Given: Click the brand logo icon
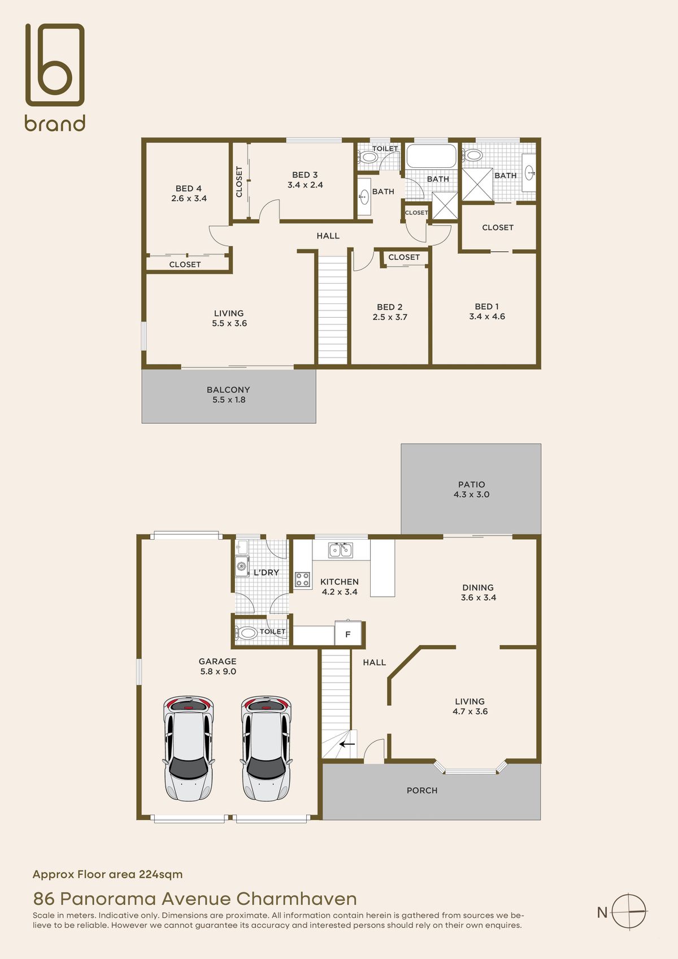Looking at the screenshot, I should click(55, 64).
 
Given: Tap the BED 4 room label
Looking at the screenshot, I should click(189, 193).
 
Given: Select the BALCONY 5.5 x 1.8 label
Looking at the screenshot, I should click(228, 394).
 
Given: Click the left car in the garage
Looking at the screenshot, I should click(189, 748).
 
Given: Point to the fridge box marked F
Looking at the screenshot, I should click(348, 634).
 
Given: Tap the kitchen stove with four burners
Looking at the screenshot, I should click(302, 579).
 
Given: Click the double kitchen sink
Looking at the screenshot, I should click(341, 550).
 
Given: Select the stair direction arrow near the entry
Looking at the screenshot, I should click(347, 744).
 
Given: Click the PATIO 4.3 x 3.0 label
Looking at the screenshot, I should click(471, 489).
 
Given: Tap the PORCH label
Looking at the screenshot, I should click(422, 791).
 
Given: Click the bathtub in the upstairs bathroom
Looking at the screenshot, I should click(431, 156).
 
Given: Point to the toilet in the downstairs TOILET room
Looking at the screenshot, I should click(246, 632).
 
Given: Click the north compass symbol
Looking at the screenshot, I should click(629, 912).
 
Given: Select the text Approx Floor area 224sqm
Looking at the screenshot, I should click(108, 874).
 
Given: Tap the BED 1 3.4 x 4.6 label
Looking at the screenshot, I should click(487, 311).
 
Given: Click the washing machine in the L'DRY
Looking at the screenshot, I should click(242, 566).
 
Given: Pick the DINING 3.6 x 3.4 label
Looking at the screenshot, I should click(478, 592).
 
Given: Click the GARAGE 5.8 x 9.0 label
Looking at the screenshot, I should click(218, 666).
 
